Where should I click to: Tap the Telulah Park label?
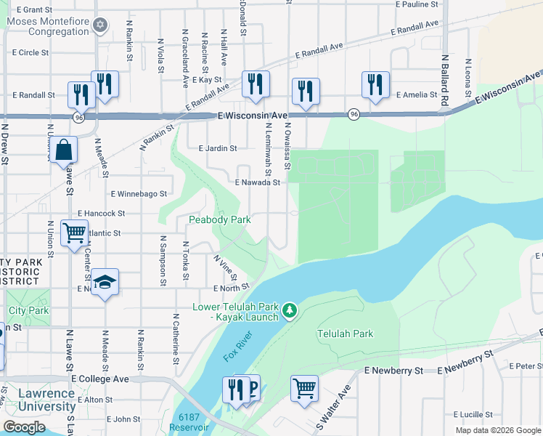click(x=345, y=334)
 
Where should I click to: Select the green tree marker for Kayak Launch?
click(x=290, y=311)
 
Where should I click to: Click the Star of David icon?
click(x=101, y=26)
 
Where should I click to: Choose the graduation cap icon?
click(x=105, y=282)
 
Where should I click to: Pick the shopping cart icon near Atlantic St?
click(x=74, y=233)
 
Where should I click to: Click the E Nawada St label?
click(x=257, y=183)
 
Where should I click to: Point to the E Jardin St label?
click(x=218, y=149)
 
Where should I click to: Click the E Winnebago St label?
click(x=139, y=194)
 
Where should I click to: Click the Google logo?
click(x=23, y=427)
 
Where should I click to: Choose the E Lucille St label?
click(x=475, y=414)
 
